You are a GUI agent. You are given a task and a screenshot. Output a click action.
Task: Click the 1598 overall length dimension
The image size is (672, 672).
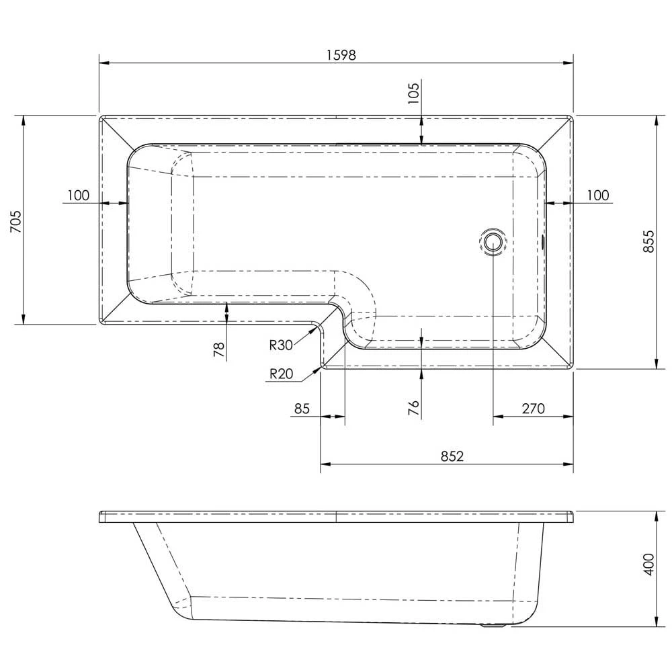(x=341, y=56)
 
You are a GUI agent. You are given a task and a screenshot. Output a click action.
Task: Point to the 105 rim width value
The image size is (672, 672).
(x=414, y=91)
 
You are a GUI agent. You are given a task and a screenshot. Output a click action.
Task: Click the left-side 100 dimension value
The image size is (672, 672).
(x=78, y=196)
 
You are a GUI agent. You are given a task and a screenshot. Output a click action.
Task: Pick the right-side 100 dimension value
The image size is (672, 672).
(x=597, y=196)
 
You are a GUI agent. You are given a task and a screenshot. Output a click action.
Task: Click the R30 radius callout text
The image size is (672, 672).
(x=281, y=345)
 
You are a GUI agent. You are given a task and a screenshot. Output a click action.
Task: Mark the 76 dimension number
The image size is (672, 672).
(x=414, y=407)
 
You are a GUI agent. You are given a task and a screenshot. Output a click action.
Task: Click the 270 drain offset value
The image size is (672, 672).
(x=532, y=409)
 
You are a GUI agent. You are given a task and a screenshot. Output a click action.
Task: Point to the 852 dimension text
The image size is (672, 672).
(x=452, y=456)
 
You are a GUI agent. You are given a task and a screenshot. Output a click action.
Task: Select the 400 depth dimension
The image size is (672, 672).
(x=648, y=565)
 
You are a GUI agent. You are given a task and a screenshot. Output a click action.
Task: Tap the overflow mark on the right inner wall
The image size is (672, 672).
(x=544, y=240)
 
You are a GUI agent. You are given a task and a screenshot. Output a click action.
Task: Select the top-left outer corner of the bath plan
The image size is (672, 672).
(x=100, y=116)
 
